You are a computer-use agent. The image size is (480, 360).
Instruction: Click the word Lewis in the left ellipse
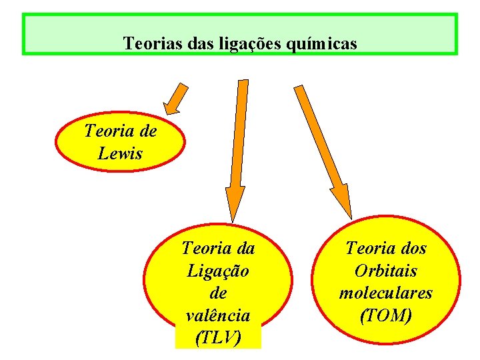click(x=120, y=153)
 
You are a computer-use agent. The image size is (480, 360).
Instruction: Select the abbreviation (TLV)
click(x=217, y=338)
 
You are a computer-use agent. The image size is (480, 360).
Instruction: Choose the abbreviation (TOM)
click(x=385, y=315)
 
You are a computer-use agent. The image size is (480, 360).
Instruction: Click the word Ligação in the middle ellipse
click(x=217, y=271)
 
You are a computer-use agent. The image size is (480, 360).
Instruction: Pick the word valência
click(x=217, y=315)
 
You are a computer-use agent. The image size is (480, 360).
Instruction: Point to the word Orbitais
click(x=385, y=271)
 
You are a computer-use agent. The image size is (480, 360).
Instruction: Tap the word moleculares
click(x=385, y=293)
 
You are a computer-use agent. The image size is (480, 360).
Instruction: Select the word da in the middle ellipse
click(x=244, y=249)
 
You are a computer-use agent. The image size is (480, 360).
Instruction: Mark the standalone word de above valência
click(x=217, y=293)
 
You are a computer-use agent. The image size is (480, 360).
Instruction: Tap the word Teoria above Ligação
click(x=205, y=249)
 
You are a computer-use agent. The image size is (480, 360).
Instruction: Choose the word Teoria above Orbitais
click(x=369, y=249)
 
